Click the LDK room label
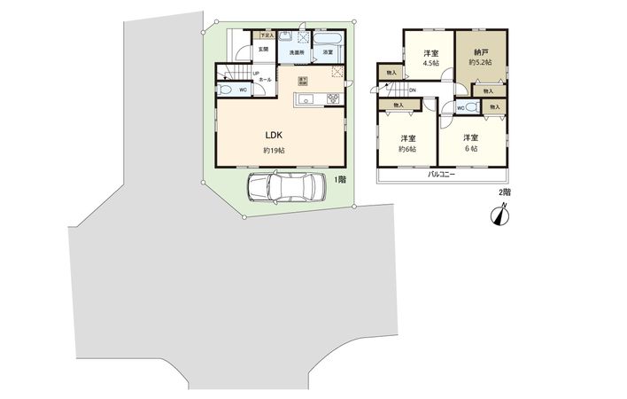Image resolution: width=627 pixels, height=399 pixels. coord(273,135)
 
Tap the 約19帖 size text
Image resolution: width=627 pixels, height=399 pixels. coord(273,151)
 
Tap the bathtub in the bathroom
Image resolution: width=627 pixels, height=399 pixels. coord(331,40)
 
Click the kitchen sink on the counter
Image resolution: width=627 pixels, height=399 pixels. coord(303,98)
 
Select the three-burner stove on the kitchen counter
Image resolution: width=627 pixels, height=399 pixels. coord(334,98)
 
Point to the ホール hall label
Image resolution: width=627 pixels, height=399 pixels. coord(265,80)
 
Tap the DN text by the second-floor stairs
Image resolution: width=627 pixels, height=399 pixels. coord(413,90)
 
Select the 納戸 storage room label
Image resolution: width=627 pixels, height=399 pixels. coord(478,53)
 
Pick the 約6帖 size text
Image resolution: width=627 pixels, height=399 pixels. coord(407,149)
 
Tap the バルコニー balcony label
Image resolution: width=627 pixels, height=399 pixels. coord(441,175)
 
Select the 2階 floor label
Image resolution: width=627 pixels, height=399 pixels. coord(505,191)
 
